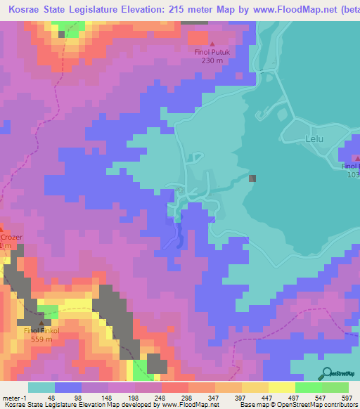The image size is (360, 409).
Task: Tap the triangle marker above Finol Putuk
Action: coord(212,44)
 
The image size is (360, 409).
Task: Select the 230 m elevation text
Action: coord(212,61)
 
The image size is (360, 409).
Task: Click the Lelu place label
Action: coord(313,139)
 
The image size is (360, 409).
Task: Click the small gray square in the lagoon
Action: coord(252,178)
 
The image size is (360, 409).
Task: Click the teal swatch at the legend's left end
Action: coord(41,387)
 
